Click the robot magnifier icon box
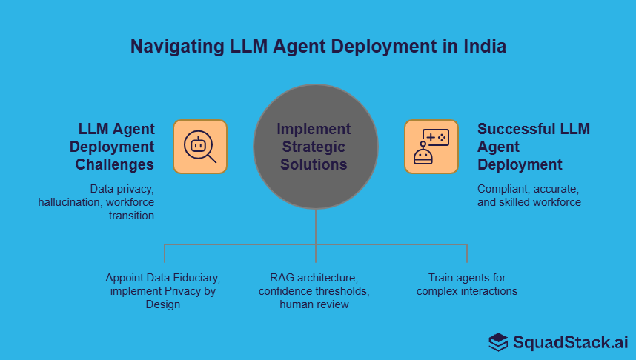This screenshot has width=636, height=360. [x=200, y=147]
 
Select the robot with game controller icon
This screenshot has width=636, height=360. [x=431, y=147]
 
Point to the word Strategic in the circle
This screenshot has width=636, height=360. [x=314, y=146]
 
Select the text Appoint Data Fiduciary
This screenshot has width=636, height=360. [x=163, y=278]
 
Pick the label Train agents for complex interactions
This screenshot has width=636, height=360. [x=466, y=284]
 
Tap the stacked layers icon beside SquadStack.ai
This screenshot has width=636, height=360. [x=498, y=341]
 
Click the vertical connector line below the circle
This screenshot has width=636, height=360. [x=316, y=226]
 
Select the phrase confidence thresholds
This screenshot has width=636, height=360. [x=314, y=291]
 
